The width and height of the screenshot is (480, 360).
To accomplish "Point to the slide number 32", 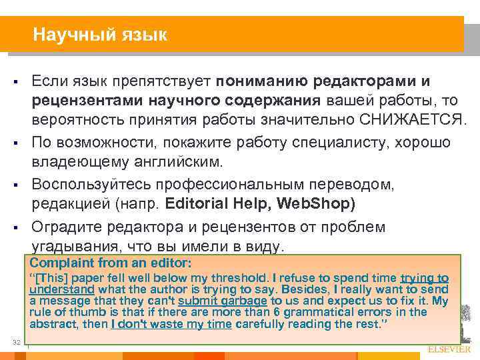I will [17, 343].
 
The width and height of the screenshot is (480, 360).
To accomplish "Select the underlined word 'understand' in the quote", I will [61, 289].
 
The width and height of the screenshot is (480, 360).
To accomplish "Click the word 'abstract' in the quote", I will [50, 324].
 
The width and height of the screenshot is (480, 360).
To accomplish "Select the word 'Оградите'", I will [65, 226].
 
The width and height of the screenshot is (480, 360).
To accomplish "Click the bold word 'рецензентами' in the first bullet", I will [83, 101].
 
